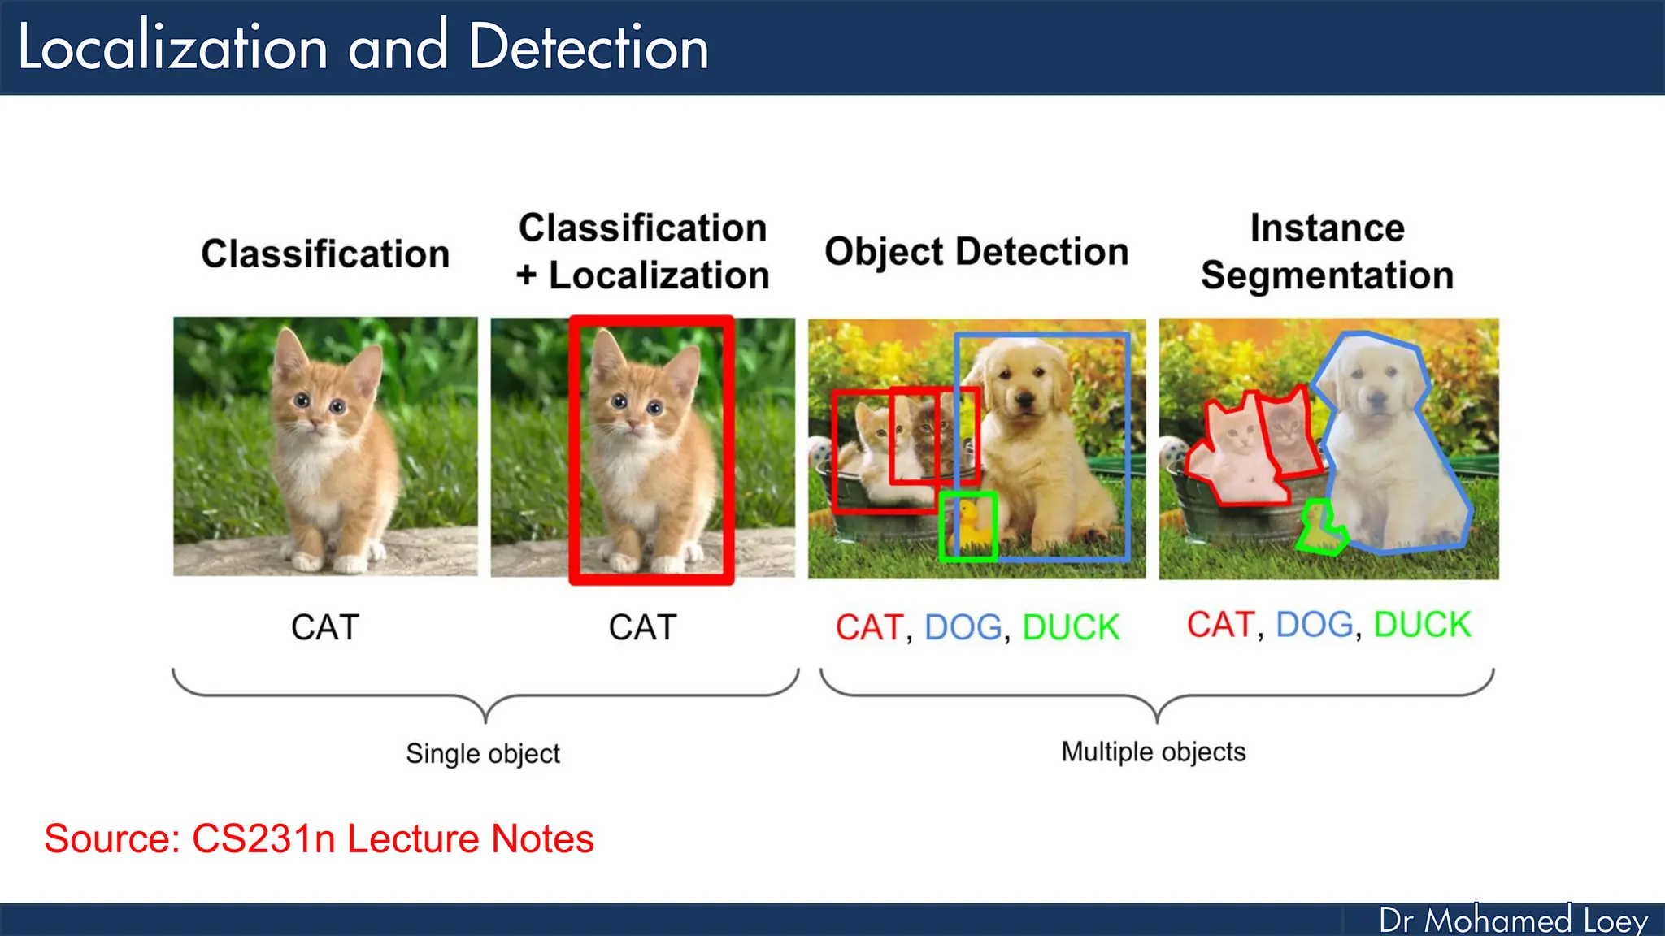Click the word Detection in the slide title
pos(588,47)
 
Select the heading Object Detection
pos(976,252)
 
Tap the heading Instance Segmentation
pos(1327,252)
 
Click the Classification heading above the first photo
pos(325,253)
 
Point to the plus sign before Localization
pos(527,275)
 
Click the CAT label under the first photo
pos(325,627)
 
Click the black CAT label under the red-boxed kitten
pos(642,627)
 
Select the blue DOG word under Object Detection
pos(963,627)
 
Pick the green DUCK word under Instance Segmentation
pos(1422,625)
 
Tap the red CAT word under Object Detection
pos(869,627)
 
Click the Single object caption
pos(483,753)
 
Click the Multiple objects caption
pos(1153,752)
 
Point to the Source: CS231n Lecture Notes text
pos(319,838)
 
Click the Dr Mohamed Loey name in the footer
pos(1513,920)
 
